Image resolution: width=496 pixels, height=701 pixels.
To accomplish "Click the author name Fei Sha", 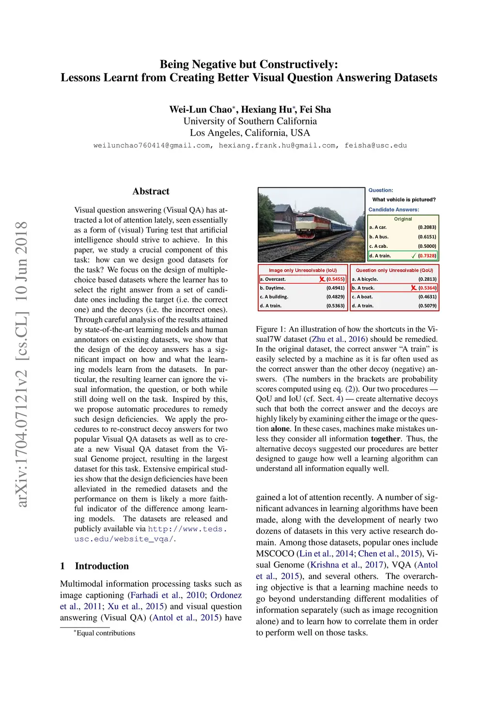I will pyautogui.click(x=315, y=109).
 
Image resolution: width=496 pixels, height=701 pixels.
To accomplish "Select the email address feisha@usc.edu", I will pyautogui.click(x=375, y=145).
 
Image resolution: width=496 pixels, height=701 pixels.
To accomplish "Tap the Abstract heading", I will pyautogui.click(x=151, y=191).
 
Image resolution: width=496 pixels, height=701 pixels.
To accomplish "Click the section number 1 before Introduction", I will pyautogui.click(x=62, y=566).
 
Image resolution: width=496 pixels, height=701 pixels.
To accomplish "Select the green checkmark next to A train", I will pyautogui.click(x=413, y=256).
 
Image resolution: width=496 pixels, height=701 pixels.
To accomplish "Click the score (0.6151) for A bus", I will pyautogui.click(x=427, y=237).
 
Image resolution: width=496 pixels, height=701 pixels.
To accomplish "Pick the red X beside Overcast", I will pyautogui.click(x=322, y=279).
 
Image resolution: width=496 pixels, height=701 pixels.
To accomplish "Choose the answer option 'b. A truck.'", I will pyautogui.click(x=363, y=288).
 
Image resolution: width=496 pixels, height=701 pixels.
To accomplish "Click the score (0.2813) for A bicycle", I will pyautogui.click(x=427, y=279).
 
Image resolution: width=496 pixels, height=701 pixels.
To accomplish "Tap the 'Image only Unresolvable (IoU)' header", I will pyautogui.click(x=302, y=270).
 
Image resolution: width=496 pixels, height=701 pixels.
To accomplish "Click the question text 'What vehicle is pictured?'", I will pyautogui.click(x=403, y=199).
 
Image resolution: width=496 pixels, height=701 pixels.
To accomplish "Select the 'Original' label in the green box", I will pyautogui.click(x=403, y=219).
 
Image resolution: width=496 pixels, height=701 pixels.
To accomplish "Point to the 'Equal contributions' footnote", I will pyautogui.click(x=106, y=633).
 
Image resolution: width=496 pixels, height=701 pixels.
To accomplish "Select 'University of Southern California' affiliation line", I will pyautogui.click(x=250, y=121).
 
